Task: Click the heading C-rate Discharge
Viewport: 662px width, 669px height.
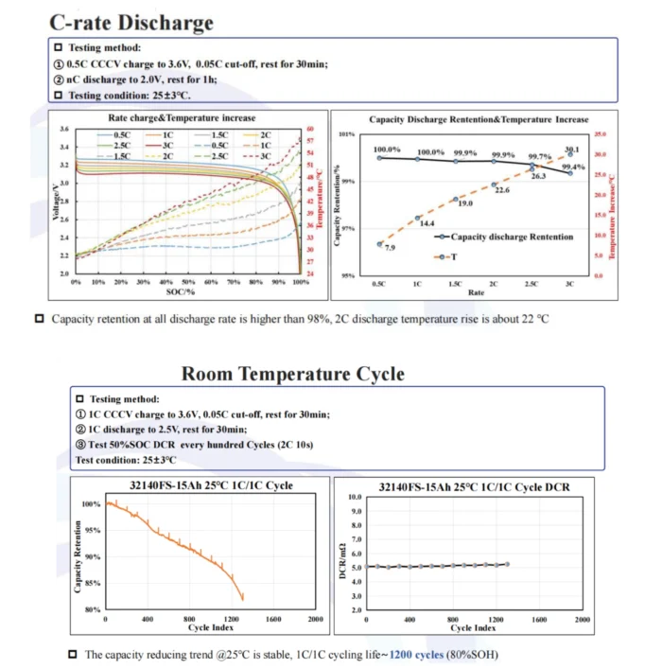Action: pos(131,22)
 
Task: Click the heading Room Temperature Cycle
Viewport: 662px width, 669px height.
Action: pos(292,374)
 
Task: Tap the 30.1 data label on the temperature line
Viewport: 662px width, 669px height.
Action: pos(571,150)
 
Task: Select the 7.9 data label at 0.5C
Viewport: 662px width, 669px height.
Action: pos(390,247)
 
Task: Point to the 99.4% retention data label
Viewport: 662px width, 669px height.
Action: pos(572,166)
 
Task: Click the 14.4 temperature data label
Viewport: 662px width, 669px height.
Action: pos(427,223)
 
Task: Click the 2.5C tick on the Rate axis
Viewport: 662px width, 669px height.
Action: pos(531,283)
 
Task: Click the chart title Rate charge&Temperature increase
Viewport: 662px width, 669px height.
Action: pos(182,118)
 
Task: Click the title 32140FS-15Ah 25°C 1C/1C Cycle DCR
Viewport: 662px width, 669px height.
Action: pos(460,486)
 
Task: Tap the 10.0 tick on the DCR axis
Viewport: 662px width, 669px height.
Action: pos(356,497)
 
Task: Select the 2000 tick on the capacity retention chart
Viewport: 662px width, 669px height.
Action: pos(316,619)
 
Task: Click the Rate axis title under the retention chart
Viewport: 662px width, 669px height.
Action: pos(477,292)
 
